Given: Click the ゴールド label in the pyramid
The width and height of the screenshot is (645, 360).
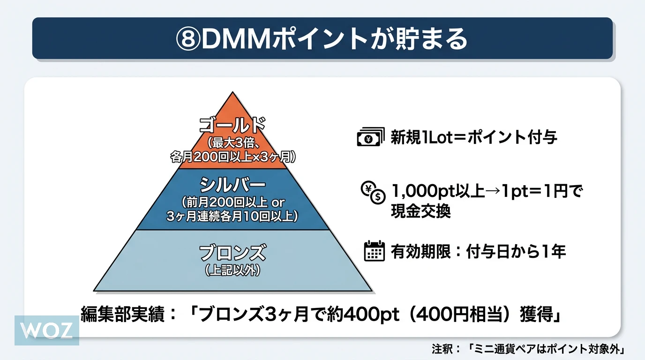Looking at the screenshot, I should [x=232, y=125].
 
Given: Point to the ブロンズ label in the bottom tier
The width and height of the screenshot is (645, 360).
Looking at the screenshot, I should [x=232, y=253].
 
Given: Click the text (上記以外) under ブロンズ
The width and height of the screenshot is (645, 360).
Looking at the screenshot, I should [x=232, y=270].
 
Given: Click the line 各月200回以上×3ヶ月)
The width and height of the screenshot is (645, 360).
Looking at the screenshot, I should [x=232, y=157].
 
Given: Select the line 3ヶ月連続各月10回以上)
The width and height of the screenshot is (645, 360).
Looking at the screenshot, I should [x=232, y=217].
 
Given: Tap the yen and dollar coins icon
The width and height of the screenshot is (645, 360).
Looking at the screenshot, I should [x=372, y=193].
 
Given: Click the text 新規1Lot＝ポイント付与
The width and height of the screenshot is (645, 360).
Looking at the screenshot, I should [x=474, y=138].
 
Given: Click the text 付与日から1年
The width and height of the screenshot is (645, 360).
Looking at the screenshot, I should [x=516, y=252].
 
